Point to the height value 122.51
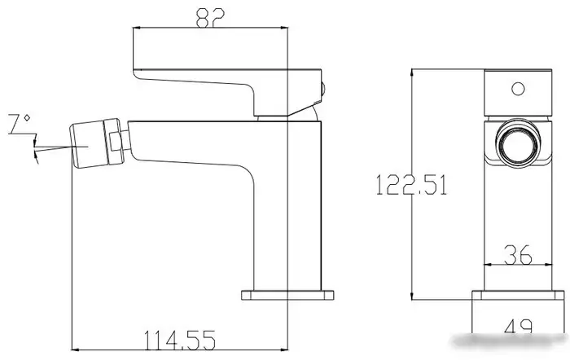tap(412, 186)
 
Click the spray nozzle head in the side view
tap(91, 145)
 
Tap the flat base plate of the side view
tap(290, 293)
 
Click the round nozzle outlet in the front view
tap(517, 149)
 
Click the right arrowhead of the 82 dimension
tap(286, 29)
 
